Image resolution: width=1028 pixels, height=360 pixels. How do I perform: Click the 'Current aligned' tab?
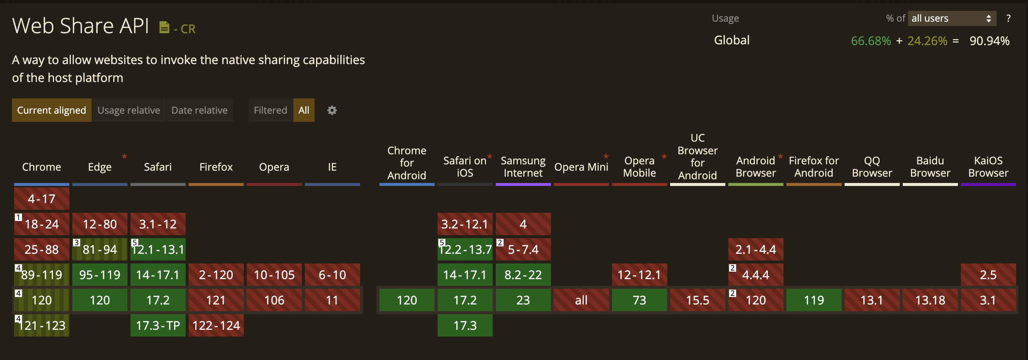51,110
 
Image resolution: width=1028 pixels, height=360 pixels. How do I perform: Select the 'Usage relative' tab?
129,110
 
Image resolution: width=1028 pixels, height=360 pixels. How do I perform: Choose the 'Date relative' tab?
199,110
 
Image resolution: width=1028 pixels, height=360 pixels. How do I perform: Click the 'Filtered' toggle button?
271,110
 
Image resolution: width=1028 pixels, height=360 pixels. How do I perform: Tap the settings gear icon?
332,110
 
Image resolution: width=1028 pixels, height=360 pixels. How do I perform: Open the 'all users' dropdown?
952,18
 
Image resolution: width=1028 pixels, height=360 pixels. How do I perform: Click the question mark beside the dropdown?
1009,18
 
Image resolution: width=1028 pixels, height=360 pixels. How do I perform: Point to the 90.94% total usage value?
989,41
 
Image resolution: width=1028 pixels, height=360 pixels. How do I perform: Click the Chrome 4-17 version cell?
41,199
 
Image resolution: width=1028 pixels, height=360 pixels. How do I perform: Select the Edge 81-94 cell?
100,249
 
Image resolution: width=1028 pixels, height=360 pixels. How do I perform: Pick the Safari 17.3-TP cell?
158,325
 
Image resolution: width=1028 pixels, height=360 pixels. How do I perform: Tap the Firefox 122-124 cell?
216,325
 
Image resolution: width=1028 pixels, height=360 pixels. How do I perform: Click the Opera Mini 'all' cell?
581,300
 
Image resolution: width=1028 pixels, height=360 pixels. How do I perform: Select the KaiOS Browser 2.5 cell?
988,275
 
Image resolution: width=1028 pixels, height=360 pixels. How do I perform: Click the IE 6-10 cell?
332,275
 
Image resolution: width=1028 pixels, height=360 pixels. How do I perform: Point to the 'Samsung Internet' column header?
523,167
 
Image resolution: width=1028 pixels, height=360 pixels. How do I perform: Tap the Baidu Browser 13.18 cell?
930,300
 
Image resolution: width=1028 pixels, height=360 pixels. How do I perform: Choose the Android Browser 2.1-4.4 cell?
756,249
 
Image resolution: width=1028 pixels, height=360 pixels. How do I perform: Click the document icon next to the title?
164,27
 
